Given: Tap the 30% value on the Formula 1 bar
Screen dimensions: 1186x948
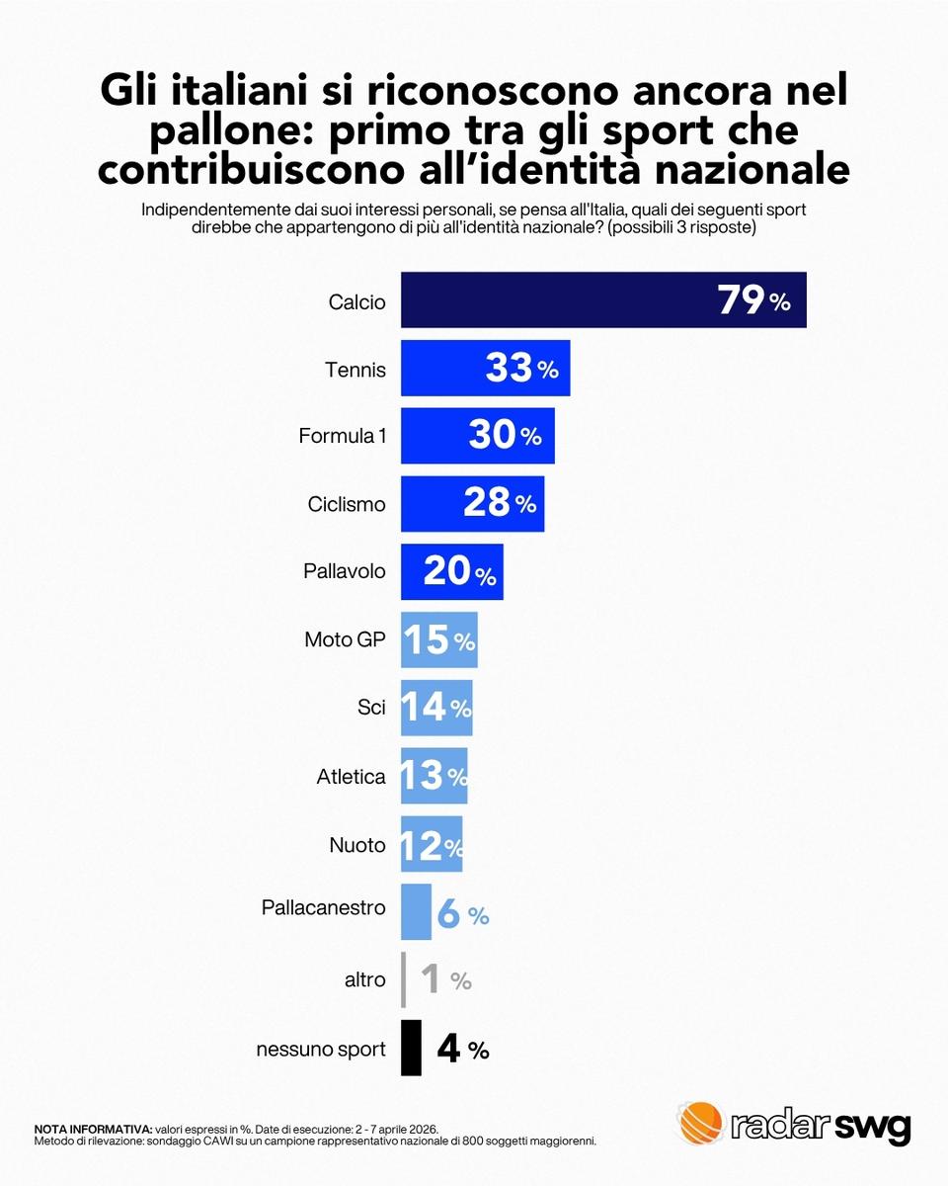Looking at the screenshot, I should (505, 436).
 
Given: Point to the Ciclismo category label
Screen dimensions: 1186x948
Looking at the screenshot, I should (347, 504).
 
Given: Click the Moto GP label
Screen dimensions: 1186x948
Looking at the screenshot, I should (345, 640).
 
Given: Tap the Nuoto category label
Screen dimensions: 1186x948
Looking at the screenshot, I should (357, 845).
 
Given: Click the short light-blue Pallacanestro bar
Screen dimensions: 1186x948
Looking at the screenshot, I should (416, 912).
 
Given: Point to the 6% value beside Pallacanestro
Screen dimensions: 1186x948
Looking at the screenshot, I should (462, 915).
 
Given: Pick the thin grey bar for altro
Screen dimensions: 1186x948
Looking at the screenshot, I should (403, 979).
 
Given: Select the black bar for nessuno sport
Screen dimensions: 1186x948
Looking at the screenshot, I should (411, 1048).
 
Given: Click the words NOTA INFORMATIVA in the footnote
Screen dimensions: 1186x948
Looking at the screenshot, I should (93, 1129).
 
